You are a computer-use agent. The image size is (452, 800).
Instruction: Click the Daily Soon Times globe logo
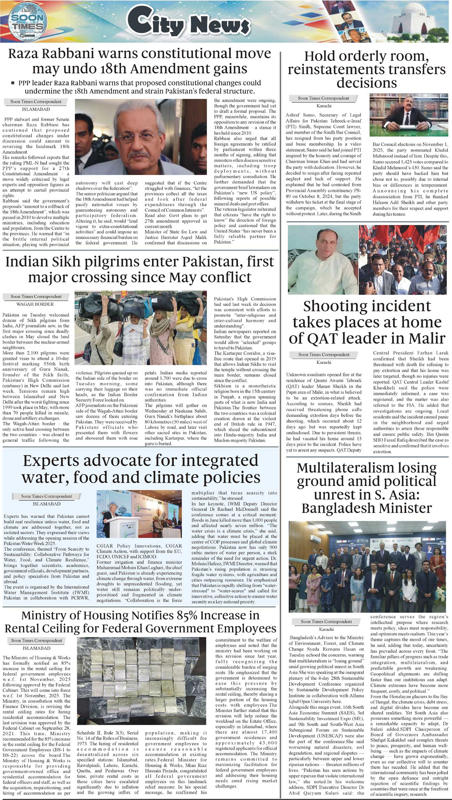[x=27, y=22]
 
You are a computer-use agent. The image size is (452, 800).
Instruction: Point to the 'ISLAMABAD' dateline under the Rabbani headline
[x=35, y=109]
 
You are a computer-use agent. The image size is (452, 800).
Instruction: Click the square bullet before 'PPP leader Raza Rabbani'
[x=13, y=83]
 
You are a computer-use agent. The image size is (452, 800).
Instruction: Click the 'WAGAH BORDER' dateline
[x=35, y=304]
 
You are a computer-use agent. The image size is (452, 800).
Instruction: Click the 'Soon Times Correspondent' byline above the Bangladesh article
[x=326, y=622]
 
